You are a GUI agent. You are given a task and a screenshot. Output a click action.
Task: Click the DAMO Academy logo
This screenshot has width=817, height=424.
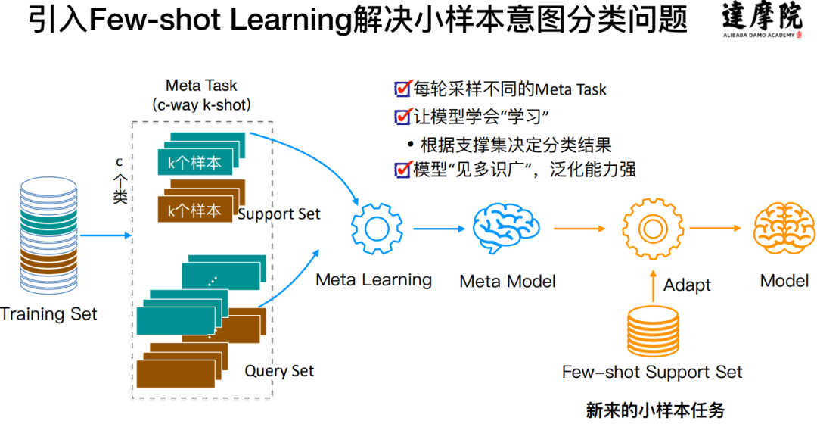763,20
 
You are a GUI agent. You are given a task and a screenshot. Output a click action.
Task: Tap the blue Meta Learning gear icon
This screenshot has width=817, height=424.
377,229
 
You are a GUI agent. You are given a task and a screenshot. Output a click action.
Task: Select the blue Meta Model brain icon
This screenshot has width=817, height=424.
506,229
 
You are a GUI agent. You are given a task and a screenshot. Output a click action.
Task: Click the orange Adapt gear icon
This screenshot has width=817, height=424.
653,229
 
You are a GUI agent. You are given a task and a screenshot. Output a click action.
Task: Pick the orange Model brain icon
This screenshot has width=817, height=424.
784,229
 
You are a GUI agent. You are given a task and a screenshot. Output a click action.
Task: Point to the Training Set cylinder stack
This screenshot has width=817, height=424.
48,235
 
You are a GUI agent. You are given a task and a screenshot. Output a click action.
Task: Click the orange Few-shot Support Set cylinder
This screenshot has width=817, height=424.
653,332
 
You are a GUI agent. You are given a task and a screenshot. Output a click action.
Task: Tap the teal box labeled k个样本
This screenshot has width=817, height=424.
195,163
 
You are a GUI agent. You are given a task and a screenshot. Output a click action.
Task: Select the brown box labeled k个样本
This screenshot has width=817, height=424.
195,210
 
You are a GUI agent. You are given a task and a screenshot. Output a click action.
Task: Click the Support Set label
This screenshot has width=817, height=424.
278,214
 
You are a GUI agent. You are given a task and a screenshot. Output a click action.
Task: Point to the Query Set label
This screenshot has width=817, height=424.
279,371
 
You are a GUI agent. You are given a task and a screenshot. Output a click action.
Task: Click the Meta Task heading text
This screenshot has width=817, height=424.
201,85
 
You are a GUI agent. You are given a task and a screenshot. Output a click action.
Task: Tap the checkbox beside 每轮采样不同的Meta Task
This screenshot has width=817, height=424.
402,89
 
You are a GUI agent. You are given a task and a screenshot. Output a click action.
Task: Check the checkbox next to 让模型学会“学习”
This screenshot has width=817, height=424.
402,116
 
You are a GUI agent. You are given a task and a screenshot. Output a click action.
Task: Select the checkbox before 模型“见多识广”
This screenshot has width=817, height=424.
402,170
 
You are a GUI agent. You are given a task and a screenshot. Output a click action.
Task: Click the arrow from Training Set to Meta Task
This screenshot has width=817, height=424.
106,235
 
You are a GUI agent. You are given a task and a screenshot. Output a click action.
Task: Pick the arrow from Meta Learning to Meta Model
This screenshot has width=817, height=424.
440,229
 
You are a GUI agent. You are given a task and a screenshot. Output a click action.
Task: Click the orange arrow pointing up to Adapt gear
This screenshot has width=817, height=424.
653,286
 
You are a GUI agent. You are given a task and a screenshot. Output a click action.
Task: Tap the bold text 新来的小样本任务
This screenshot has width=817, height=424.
655,410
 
